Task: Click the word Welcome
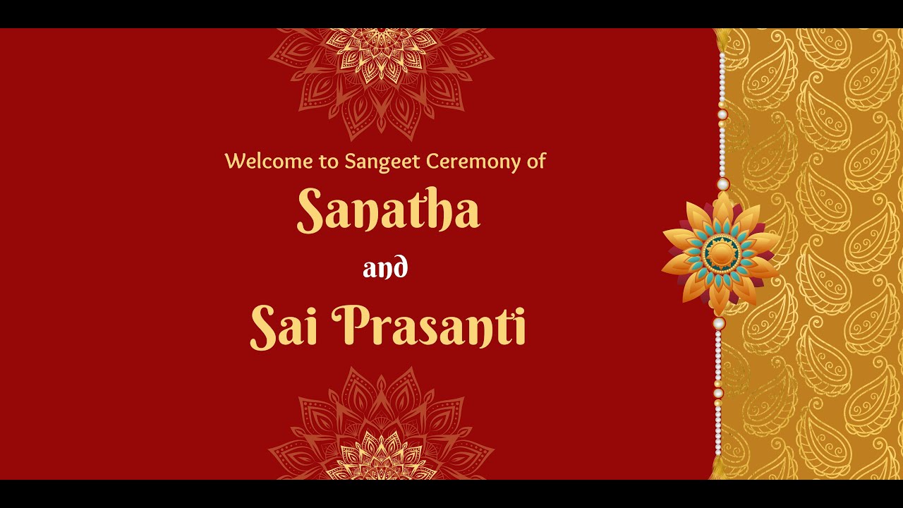pos(268,162)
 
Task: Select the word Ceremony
pos(464,162)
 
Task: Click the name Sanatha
pos(388,211)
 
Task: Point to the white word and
pos(385,268)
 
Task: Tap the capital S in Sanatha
pos(310,210)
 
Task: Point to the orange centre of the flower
pos(721,252)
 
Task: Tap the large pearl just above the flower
pos(722,184)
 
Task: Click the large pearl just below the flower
pos(719,323)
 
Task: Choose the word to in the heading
pos(328,162)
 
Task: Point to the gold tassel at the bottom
pos(718,467)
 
